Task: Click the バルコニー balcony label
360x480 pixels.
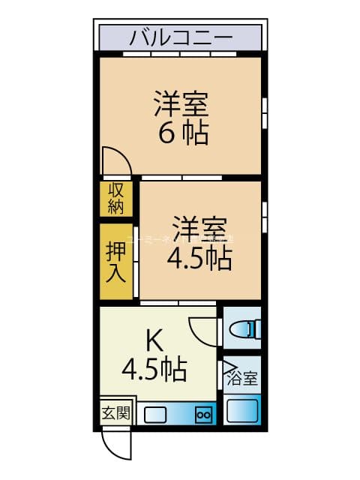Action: tap(180, 37)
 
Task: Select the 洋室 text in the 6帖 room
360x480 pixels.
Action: tap(181, 103)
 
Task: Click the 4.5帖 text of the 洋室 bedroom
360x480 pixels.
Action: tap(199, 259)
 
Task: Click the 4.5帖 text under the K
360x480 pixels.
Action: tap(155, 369)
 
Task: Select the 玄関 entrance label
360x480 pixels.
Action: tap(115, 412)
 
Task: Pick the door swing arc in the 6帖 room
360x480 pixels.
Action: tap(115, 160)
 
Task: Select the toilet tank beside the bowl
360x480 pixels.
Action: tap(256, 328)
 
